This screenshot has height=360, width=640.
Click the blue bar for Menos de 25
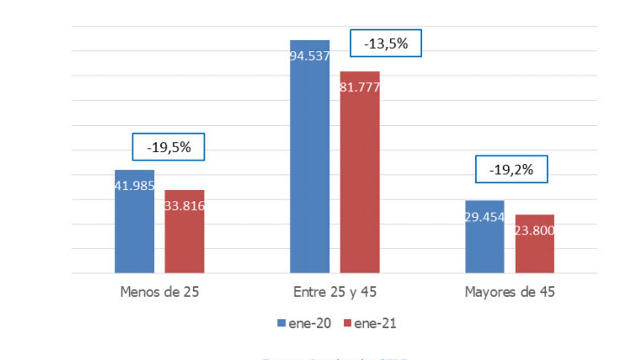tap(134, 232)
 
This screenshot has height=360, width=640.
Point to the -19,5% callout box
tap(168, 147)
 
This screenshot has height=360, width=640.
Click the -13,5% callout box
tap(386, 43)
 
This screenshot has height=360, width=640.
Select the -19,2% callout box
tap(511, 170)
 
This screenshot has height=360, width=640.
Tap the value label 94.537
tap(310, 56)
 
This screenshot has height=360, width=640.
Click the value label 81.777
tap(360, 87)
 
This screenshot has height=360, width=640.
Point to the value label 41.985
tap(135, 186)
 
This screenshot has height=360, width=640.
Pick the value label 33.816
tap(184, 206)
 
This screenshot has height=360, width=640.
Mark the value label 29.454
tap(485, 217)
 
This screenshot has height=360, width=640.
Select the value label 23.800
tap(534, 231)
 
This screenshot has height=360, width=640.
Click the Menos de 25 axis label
tap(160, 292)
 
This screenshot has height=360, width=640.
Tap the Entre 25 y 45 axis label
tap(335, 292)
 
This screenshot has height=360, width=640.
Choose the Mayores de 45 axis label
tap(510, 292)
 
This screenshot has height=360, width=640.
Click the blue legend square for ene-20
tap(281, 323)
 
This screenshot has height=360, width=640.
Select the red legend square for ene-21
tap(347, 323)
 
